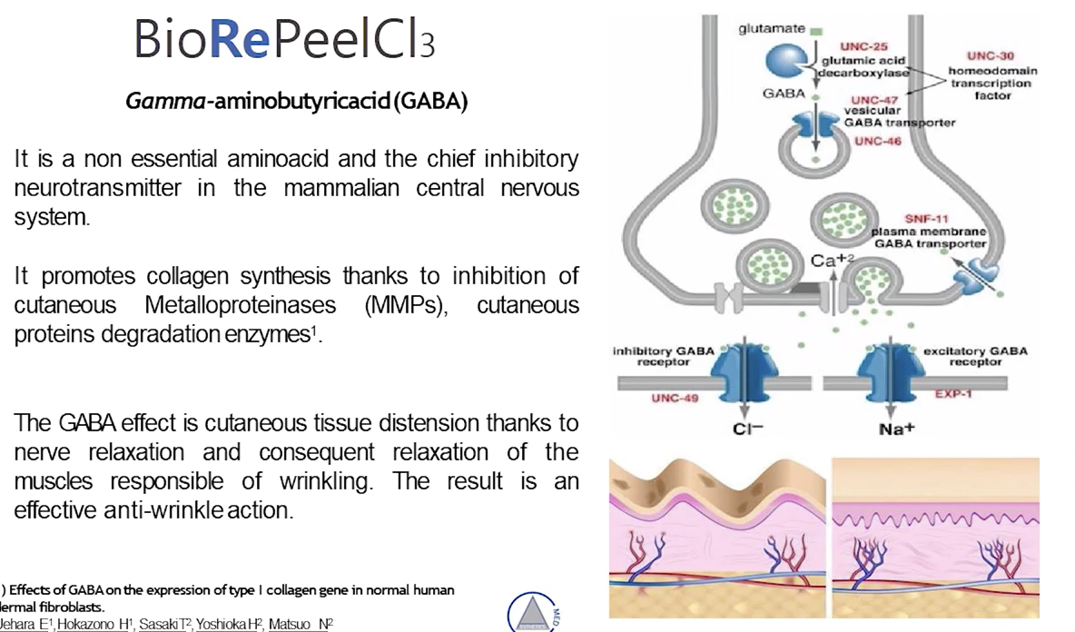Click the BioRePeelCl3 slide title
tap(284, 39)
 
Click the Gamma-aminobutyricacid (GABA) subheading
tap(297, 101)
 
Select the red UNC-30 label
tap(994, 55)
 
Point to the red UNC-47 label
tap(873, 100)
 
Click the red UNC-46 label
tap(876, 142)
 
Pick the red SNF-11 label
tap(926, 219)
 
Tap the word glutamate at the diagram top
tap(771, 28)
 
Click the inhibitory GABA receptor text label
tap(663, 355)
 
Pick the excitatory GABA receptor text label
tap(975, 355)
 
